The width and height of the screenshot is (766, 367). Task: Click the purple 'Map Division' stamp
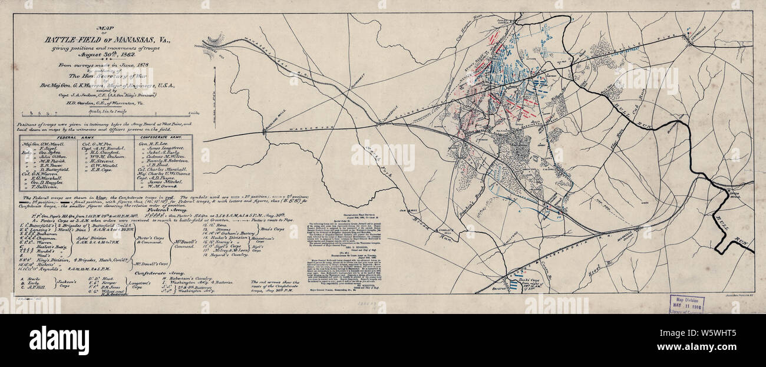(686, 303)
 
